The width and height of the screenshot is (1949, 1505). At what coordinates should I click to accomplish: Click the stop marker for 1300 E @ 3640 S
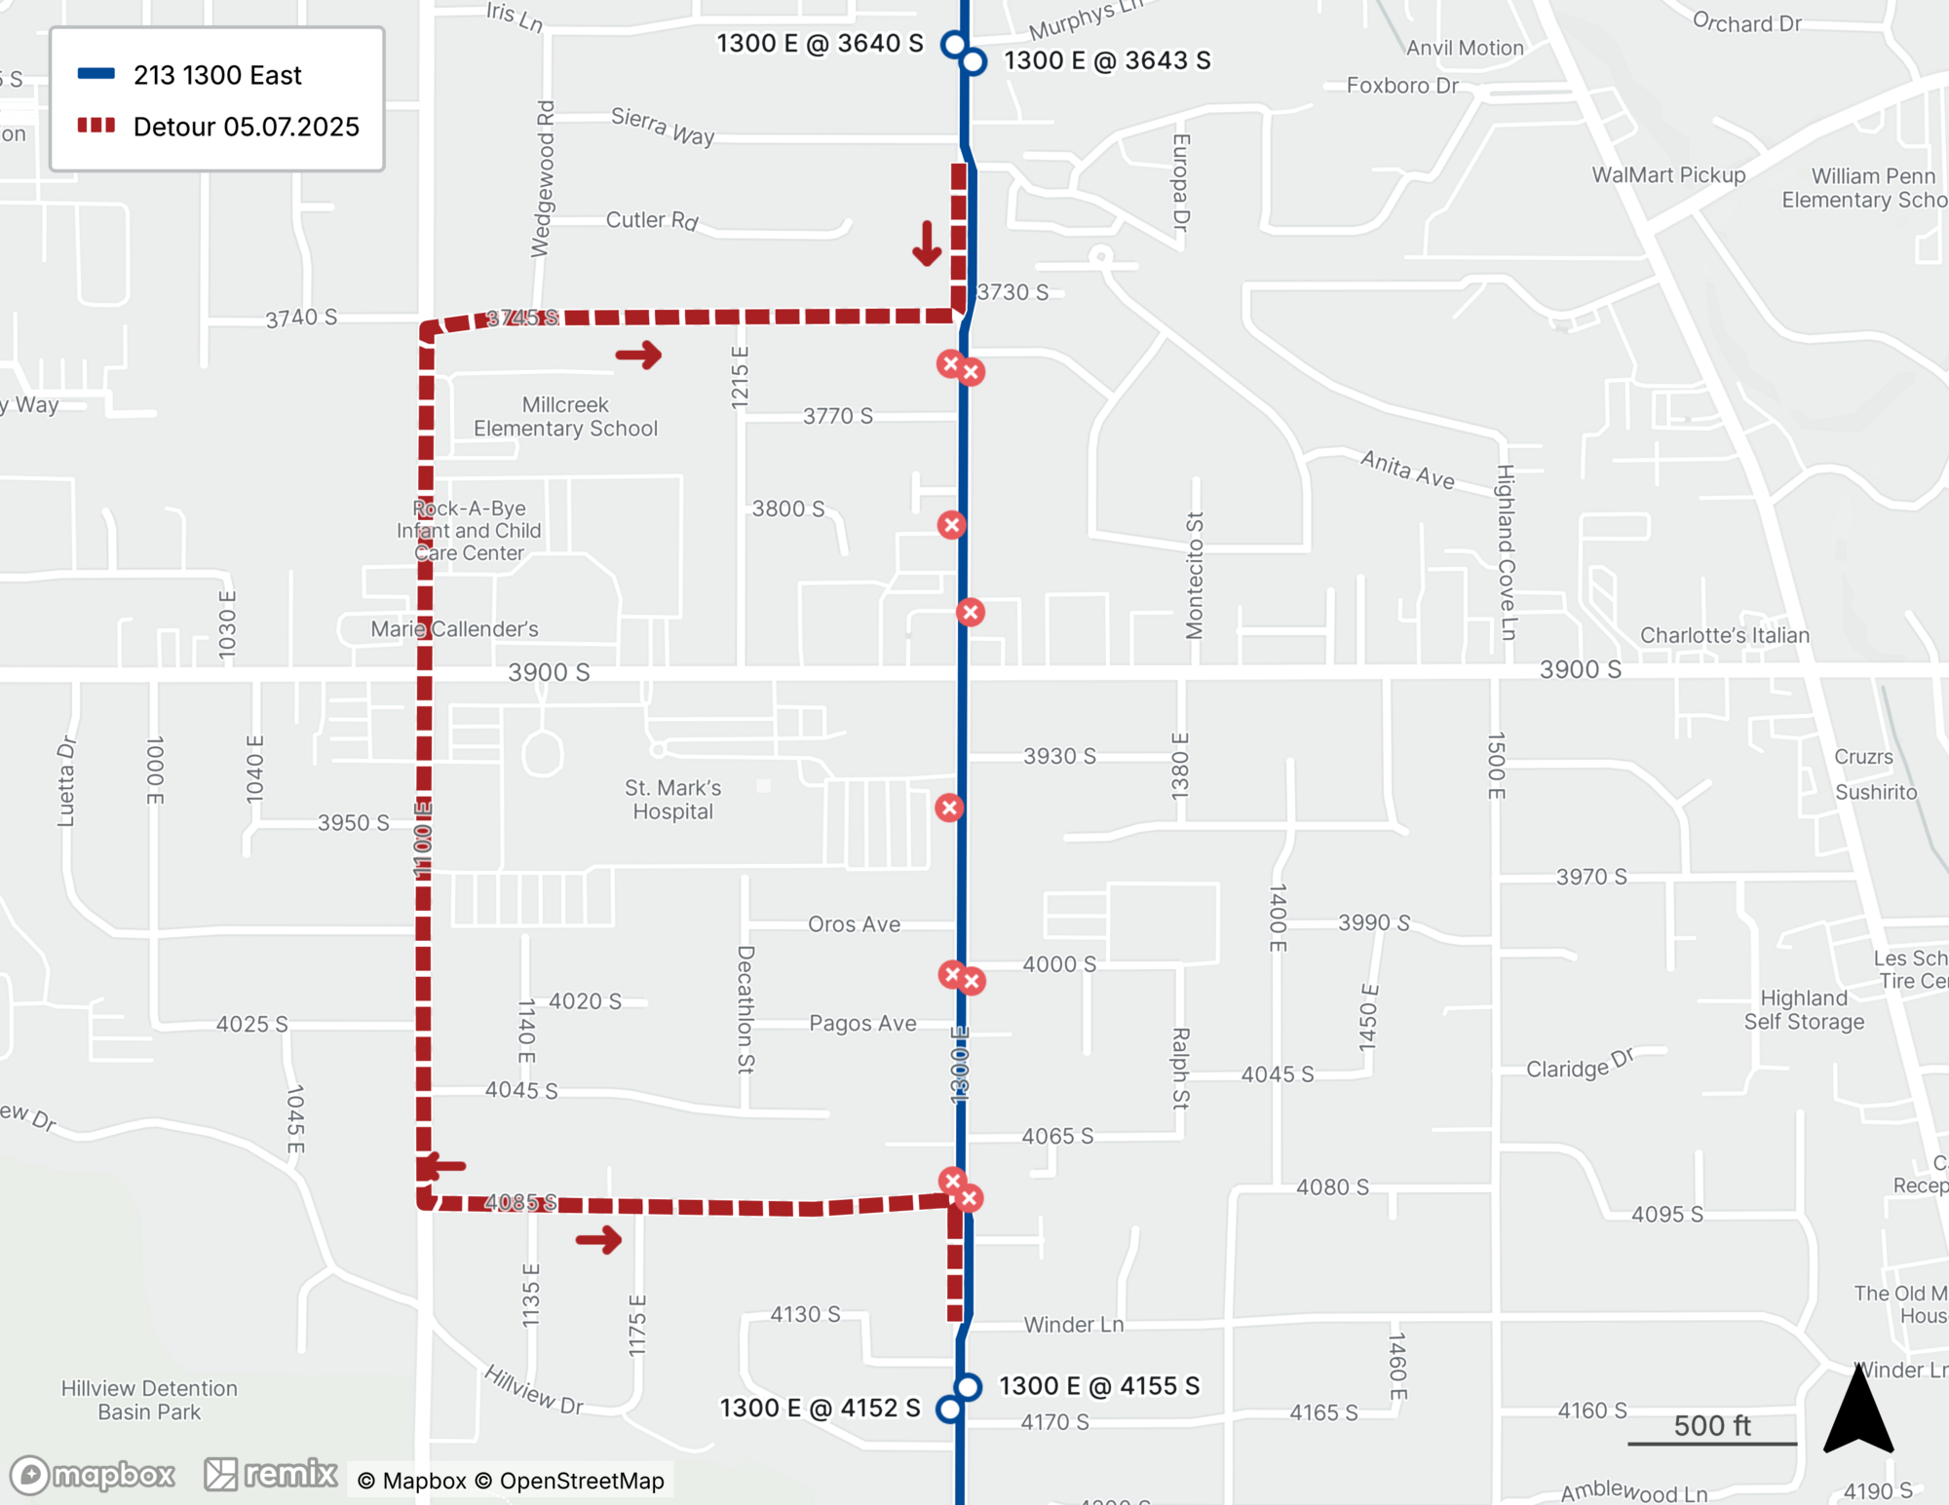pyautogui.click(x=954, y=45)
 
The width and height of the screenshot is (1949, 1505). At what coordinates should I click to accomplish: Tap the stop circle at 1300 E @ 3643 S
pyautogui.click(x=974, y=62)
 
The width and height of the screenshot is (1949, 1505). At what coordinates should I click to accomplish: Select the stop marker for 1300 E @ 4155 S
pyautogui.click(x=968, y=1386)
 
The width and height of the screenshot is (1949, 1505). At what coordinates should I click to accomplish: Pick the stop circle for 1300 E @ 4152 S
pyautogui.click(x=949, y=1409)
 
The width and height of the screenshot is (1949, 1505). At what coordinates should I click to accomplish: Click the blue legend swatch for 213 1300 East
pyautogui.click(x=96, y=74)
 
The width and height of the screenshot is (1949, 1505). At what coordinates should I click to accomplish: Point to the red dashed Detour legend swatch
pyautogui.click(x=96, y=126)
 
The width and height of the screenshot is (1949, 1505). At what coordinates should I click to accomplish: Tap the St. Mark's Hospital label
pyautogui.click(x=672, y=800)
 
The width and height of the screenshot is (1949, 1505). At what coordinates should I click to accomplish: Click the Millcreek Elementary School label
pyautogui.click(x=565, y=417)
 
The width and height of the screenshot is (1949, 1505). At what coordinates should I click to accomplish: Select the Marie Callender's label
pyautogui.click(x=454, y=629)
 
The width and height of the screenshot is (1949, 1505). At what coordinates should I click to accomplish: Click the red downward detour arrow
pyautogui.click(x=927, y=244)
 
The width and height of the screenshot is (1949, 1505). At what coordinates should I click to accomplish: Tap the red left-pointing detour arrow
pyautogui.click(x=442, y=1165)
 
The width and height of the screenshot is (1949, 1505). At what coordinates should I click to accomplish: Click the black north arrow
pyautogui.click(x=1858, y=1410)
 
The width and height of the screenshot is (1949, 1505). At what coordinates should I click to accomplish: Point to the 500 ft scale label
pyautogui.click(x=1712, y=1426)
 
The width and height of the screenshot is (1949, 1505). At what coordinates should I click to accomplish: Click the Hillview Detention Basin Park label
pyautogui.click(x=149, y=1400)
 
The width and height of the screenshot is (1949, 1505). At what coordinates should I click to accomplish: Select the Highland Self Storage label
pyautogui.click(x=1804, y=1010)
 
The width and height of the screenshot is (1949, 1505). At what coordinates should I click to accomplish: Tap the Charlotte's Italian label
pyautogui.click(x=1724, y=635)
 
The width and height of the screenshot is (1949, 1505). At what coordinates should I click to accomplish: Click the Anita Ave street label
pyautogui.click(x=1407, y=470)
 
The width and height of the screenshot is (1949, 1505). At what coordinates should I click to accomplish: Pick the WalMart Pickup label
pyautogui.click(x=1668, y=175)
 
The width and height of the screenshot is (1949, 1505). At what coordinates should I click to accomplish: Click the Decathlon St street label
pyautogui.click(x=745, y=1009)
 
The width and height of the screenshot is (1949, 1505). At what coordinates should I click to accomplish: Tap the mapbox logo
pyautogui.click(x=94, y=1475)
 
